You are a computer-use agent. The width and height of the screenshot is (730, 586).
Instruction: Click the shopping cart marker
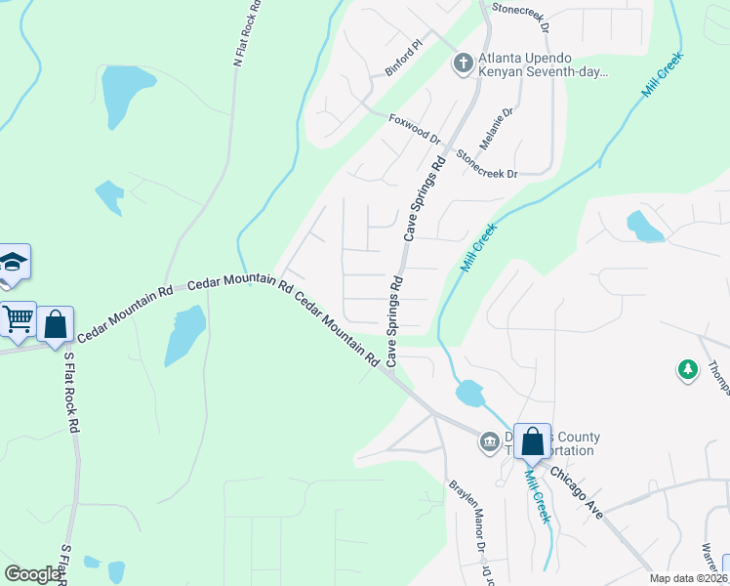[x=18, y=318]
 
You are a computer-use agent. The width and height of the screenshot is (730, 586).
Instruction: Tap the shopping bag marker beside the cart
[x=57, y=324]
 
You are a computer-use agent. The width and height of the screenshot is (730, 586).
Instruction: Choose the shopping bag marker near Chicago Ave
[x=533, y=441]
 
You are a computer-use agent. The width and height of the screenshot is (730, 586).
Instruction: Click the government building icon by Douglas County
[x=489, y=443]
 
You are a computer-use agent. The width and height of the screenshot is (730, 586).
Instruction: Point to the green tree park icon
[x=688, y=370]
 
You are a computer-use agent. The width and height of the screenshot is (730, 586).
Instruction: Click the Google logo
[x=31, y=574]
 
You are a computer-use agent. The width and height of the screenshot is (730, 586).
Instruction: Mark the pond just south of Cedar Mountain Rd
[x=184, y=334]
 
